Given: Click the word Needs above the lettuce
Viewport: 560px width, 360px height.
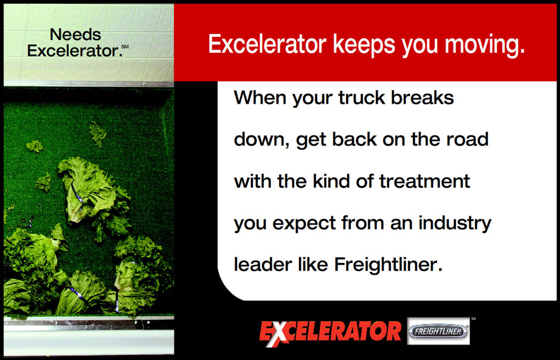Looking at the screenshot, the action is tap(75, 35).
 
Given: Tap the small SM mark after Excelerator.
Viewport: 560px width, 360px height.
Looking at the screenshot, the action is tap(125, 46).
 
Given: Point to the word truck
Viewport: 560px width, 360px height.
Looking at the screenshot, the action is tap(362, 98).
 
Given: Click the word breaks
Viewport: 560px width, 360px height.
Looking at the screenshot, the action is tap(422, 97).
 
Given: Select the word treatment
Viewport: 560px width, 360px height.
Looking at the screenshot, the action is tap(424, 181).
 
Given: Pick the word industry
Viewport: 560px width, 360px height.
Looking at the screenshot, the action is tap(455, 223).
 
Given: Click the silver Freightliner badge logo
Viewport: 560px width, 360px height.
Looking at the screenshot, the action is tap(438, 331).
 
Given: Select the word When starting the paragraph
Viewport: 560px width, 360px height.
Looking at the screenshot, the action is tap(260, 97).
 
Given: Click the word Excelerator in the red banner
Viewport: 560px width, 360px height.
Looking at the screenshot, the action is tap(267, 44).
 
